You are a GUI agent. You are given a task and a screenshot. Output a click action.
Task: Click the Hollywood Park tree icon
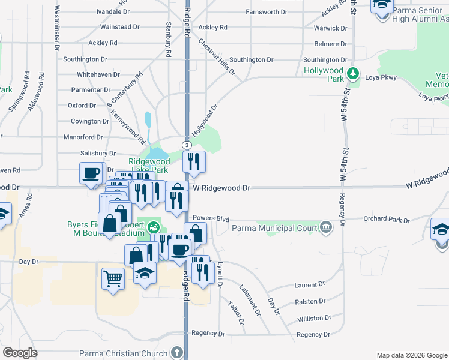point(354,74)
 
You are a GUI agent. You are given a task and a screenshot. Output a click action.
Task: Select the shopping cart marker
point(113,278)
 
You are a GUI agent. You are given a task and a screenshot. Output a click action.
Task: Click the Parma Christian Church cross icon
point(177,352)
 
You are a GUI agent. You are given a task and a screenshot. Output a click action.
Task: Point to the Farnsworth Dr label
point(271,12)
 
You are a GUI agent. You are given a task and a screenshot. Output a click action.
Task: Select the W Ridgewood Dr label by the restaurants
point(221,188)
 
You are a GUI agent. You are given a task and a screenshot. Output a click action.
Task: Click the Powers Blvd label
point(206,218)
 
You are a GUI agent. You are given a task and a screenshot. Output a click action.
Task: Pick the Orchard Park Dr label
point(385,219)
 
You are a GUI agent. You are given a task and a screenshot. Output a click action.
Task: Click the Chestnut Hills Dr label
point(217,58)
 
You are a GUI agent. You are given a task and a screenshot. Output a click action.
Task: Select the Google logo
point(20,353)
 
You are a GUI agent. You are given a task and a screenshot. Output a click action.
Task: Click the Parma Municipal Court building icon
point(326,227)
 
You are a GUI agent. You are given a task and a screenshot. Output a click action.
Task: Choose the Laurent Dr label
point(310,284)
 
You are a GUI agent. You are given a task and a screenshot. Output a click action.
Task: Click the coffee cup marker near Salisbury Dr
point(91,173)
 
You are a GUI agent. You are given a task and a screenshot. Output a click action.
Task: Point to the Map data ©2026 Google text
point(411,355)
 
